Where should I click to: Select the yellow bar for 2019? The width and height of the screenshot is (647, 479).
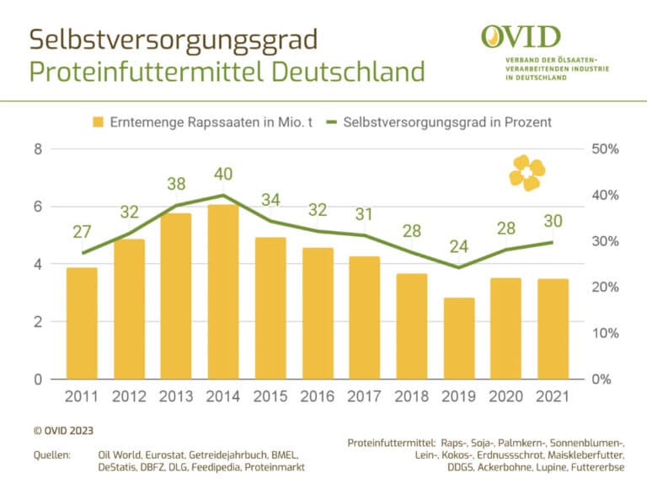(460, 338)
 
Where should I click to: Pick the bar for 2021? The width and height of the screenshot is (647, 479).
(553, 329)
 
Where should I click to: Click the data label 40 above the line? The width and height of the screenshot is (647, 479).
(222, 175)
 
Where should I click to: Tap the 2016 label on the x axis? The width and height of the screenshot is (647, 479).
(317, 396)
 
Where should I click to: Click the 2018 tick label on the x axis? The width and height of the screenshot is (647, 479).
(411, 396)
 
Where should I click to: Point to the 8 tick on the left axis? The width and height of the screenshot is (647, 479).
(38, 149)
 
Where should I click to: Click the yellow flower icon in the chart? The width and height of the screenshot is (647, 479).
(527, 172)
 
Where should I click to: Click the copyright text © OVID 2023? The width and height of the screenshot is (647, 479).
(64, 429)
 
